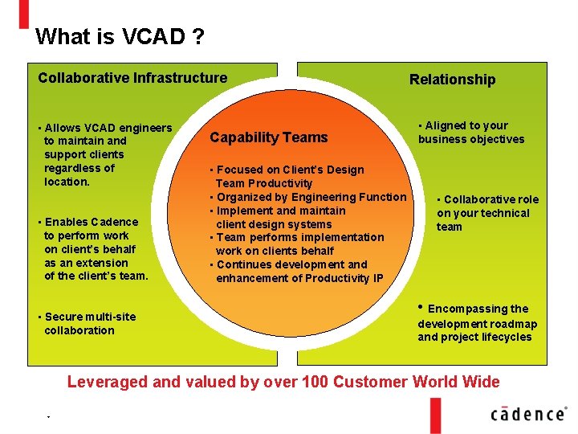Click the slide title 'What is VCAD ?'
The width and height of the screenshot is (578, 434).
pyautogui.click(x=119, y=37)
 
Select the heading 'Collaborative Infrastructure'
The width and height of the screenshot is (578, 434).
pyautogui.click(x=132, y=78)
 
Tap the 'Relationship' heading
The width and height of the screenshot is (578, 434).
pyautogui.click(x=452, y=79)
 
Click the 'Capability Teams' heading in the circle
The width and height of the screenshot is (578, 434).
pyautogui.click(x=268, y=137)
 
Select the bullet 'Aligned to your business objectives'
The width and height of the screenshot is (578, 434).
pyautogui.click(x=471, y=132)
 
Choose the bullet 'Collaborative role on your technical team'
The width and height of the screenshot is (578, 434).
pyautogui.click(x=487, y=213)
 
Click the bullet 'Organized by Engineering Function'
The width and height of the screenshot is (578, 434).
pyautogui.click(x=310, y=197)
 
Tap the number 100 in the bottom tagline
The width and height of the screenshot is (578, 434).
pyautogui.click(x=346, y=382)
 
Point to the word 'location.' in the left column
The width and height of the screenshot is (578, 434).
pyautogui.click(x=68, y=182)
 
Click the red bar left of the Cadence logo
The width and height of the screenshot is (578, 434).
pyautogui.click(x=436, y=414)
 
